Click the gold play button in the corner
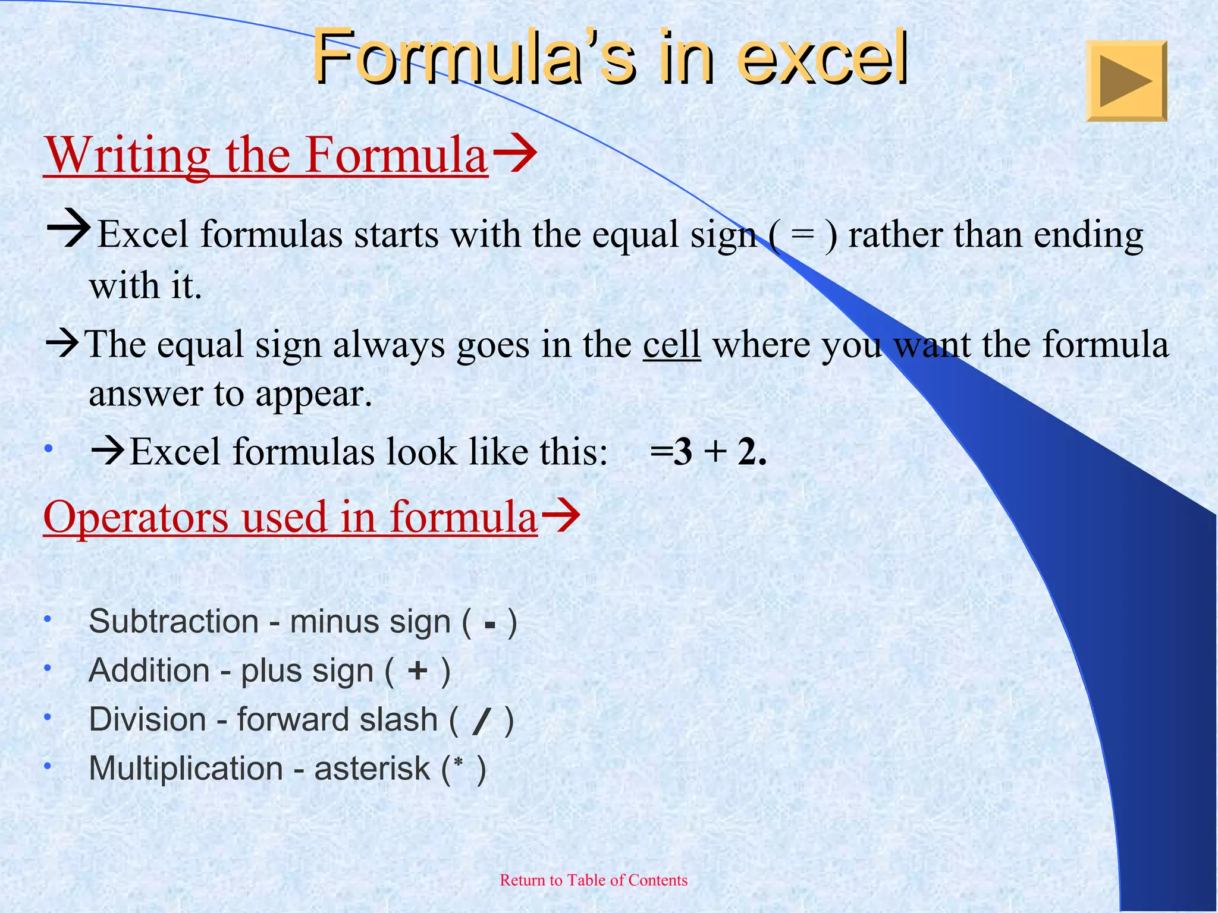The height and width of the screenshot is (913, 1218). (x=1126, y=81)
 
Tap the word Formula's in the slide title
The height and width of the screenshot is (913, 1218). (x=474, y=58)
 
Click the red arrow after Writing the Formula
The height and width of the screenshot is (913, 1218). (x=516, y=153)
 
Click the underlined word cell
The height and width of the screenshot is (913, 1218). (x=671, y=345)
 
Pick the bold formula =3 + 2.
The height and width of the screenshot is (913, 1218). (x=708, y=452)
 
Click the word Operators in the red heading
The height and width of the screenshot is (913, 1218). (x=136, y=517)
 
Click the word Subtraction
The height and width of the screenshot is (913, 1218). (x=174, y=622)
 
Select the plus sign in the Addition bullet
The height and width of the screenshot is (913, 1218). (x=417, y=671)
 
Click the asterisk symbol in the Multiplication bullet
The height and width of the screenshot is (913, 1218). (x=458, y=762)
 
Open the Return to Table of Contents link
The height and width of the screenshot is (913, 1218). (x=594, y=880)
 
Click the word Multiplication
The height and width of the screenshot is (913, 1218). (x=186, y=769)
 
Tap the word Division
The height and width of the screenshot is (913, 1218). (x=147, y=720)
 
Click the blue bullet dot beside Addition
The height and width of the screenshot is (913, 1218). (x=48, y=668)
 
